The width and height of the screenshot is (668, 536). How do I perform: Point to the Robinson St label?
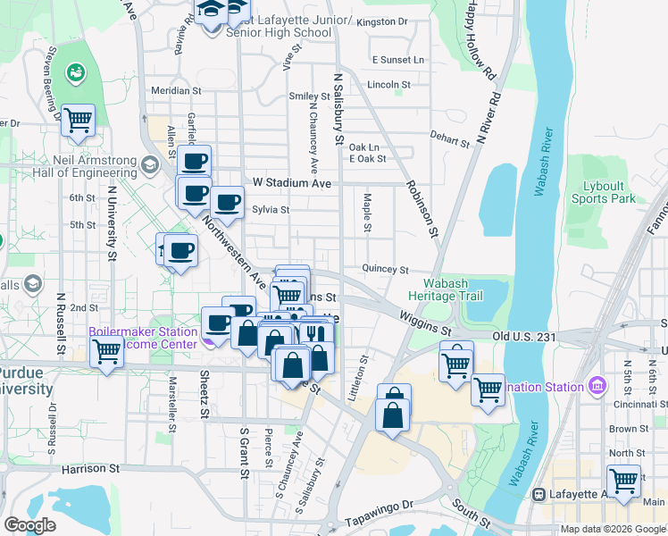pos(422,205)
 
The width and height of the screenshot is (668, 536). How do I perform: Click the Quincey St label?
pos(385,269)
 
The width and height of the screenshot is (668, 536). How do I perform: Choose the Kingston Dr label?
pos(381,21)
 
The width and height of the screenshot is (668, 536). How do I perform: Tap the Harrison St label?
pos(90,468)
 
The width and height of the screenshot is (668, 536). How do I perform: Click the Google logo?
pos(29,525)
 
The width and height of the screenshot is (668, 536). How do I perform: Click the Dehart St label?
pos(449,141)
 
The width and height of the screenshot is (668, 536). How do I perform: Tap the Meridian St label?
pos(175,90)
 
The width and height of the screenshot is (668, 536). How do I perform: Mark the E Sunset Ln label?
pos(398,60)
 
